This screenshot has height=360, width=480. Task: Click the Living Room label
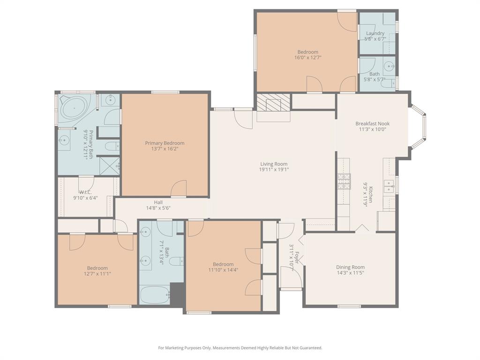click(x=274, y=164)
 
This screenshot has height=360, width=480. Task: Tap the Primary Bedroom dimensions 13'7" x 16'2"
click(x=165, y=149)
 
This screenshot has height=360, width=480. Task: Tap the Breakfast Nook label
click(x=372, y=124)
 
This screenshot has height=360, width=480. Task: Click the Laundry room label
click(x=375, y=33)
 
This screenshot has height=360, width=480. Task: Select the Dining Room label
click(x=350, y=267)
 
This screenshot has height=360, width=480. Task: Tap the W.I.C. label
click(x=85, y=192)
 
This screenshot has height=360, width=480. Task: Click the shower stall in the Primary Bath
click(x=110, y=165)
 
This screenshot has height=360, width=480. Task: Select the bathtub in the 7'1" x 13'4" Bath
click(x=154, y=295)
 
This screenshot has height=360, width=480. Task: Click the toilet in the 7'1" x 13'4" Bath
click(x=175, y=261)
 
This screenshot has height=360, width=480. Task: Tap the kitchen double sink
click(x=389, y=186)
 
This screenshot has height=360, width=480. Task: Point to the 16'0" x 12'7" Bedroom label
click(x=307, y=52)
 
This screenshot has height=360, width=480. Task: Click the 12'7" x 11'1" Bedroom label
click(x=97, y=268)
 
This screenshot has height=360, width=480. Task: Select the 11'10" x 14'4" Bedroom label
click(x=223, y=264)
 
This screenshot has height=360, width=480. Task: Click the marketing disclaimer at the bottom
click(x=240, y=348)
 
